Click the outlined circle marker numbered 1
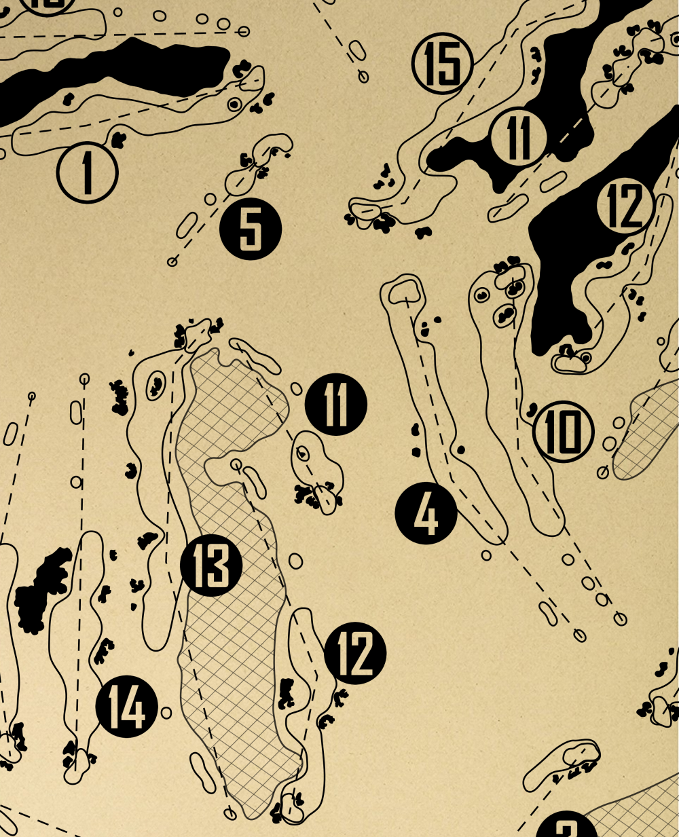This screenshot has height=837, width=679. click(88, 172)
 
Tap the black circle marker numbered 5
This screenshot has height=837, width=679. click(251, 229)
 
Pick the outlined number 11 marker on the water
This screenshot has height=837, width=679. click(519, 137)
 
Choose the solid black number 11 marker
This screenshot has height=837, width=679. click(336, 405)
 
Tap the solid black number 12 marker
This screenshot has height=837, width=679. click(355, 653)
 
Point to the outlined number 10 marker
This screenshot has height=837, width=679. click(564, 432)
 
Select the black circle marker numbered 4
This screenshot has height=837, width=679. click(426, 514)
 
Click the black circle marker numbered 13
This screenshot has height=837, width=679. click(211, 565)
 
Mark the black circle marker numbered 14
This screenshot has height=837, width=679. click(127, 707)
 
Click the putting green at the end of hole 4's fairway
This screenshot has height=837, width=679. click(406, 291)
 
